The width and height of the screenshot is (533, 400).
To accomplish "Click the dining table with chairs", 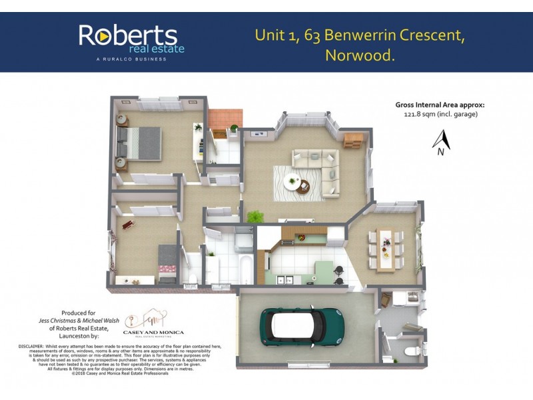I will point(385,249).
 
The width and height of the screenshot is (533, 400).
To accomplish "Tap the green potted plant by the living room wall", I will point(254,217).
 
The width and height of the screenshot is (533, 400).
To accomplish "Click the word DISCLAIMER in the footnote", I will point(31,347).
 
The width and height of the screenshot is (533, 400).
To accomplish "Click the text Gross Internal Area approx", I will point(440,105).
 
